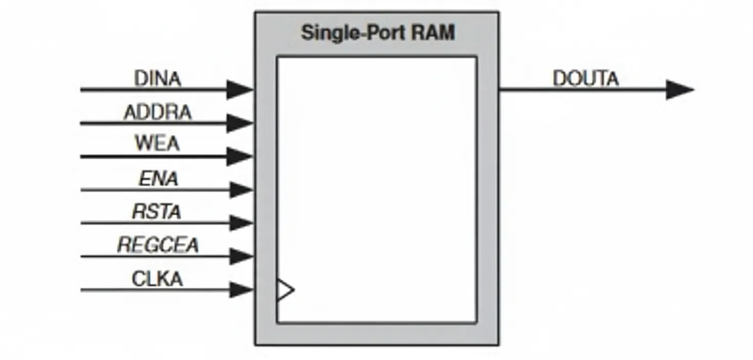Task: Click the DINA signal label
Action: [158, 79]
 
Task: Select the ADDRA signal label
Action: [158, 112]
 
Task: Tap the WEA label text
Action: [158, 144]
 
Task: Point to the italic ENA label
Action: [159, 178]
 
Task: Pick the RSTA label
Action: [157, 211]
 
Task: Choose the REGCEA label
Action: [158, 245]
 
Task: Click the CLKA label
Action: [158, 279]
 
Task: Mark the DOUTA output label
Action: [586, 79]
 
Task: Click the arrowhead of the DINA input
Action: [239, 89]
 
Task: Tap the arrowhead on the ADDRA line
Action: [239, 123]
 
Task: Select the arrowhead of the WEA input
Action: [239, 156]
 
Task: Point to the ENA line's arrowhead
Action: [240, 190]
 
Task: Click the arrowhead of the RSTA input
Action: [240, 223]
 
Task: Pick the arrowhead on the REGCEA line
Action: [240, 256]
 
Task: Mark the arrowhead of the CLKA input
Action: [240, 290]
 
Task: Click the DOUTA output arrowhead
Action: [679, 89]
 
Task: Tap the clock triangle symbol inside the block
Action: [284, 290]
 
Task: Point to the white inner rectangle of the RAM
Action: [377, 189]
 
